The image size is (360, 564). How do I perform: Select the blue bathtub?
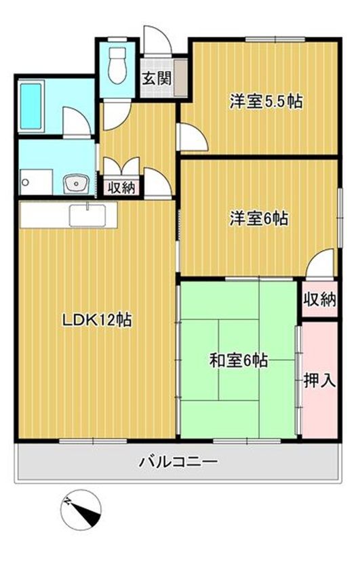point(33,106)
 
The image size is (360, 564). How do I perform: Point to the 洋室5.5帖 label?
point(265,102)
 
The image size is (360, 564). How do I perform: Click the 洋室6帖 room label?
point(258,218)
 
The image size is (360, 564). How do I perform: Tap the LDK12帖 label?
point(97,319)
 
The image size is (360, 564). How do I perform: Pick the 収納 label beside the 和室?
point(319,299)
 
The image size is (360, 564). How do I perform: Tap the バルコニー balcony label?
point(178,462)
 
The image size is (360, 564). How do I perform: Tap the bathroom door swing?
point(77,122)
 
